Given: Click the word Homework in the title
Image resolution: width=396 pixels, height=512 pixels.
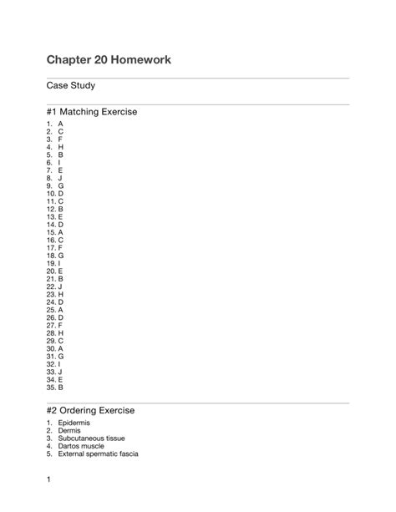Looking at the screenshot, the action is coord(142,61).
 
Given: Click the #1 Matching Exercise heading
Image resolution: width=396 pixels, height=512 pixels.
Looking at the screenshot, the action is coord(92,111).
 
